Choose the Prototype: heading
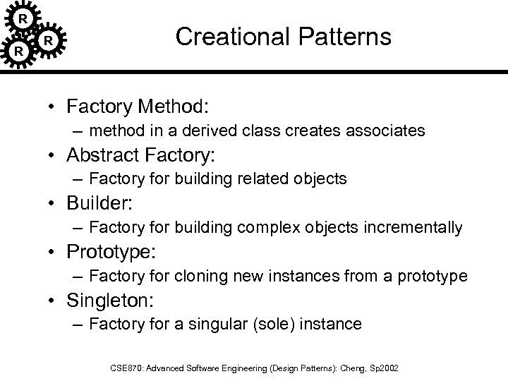[x=109, y=252]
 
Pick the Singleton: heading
[x=109, y=301]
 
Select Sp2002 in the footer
[x=386, y=368]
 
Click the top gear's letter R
[x=24, y=17]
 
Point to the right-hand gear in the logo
[x=47, y=41]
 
